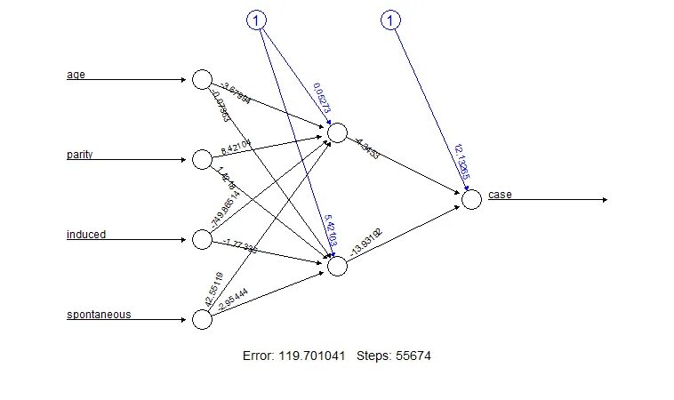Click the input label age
click(76, 74)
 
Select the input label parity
click(79, 155)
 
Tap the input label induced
click(85, 235)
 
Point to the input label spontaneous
click(98, 315)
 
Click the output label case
click(500, 195)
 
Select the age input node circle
click(202, 79)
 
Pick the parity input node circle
click(202, 159)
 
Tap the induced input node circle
click(202, 239)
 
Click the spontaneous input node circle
click(202, 319)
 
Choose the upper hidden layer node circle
click(337, 132)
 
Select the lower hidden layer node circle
click(337, 266)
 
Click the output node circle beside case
click(471, 199)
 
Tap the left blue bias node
click(256, 20)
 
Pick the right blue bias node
click(391, 20)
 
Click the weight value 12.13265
click(461, 161)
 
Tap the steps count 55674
click(409, 356)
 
